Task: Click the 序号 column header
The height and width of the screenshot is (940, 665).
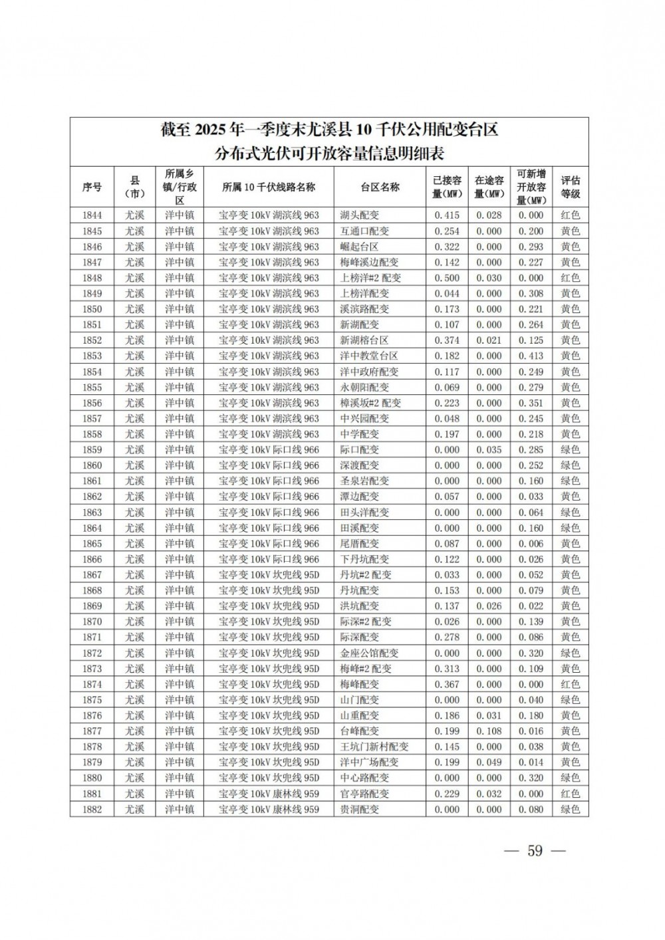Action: pyautogui.click(x=92, y=187)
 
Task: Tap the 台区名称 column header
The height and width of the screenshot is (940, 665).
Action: pyautogui.click(x=380, y=187)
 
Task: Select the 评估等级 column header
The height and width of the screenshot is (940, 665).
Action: pyautogui.click(x=570, y=187)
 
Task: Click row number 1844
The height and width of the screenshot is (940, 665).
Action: pyautogui.click(x=92, y=215)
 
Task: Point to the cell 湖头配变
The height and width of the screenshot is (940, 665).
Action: pyautogui.click(x=359, y=215)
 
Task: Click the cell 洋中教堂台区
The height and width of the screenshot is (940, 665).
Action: pyautogui.click(x=368, y=356)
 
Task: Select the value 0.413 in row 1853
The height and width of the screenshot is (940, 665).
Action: pyautogui.click(x=531, y=356)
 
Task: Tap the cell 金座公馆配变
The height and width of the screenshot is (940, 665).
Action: pyautogui.click(x=368, y=653)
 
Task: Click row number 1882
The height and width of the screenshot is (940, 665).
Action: pyautogui.click(x=92, y=809)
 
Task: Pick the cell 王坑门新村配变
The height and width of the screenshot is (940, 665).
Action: pyautogui.click(x=374, y=747)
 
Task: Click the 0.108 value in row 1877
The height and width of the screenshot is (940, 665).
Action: pyautogui.click(x=489, y=731)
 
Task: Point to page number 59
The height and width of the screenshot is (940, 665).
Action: pyautogui.click(x=535, y=851)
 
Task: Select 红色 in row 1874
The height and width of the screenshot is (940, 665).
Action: pyautogui.click(x=570, y=684)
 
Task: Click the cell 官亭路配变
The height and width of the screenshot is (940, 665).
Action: pyautogui.click(x=364, y=794)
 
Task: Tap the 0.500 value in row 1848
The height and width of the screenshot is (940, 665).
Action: pyautogui.click(x=447, y=278)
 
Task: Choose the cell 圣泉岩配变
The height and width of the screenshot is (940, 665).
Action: pyautogui.click(x=364, y=481)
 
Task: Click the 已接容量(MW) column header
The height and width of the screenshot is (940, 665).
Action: pyautogui.click(x=447, y=187)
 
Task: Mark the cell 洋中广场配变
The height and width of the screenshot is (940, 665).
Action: pyautogui.click(x=369, y=763)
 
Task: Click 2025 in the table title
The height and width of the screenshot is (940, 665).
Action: pyautogui.click(x=209, y=130)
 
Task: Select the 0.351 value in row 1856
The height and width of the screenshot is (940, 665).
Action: pyautogui.click(x=531, y=403)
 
